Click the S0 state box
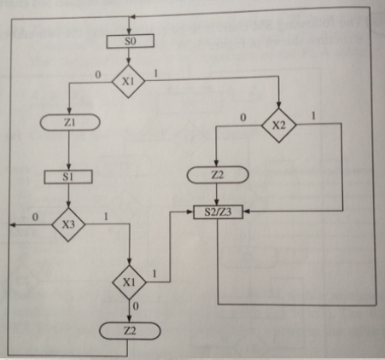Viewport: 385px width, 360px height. point(129,40)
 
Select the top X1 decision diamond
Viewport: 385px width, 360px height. point(129,81)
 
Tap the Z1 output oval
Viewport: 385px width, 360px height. point(70,123)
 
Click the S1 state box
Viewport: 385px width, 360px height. point(67,177)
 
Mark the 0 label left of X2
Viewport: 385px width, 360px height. point(243,117)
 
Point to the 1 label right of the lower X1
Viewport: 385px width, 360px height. point(155,274)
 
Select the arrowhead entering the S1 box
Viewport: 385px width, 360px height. point(67,168)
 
